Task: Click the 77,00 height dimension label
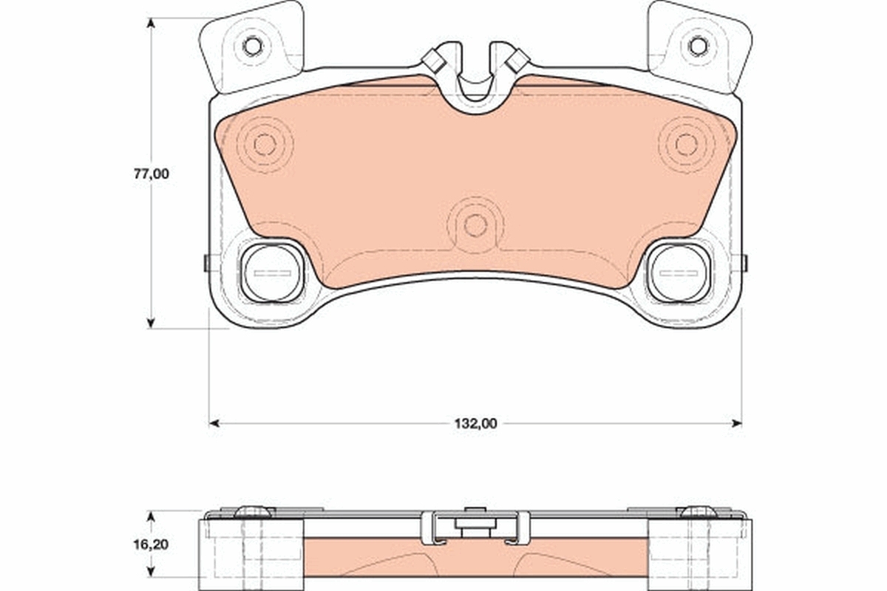point(152,174)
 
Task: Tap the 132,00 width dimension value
point(475,423)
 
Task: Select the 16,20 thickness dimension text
point(151,544)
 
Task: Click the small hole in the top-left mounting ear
point(252,47)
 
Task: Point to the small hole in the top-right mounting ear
point(698,46)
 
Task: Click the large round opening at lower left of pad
point(272,273)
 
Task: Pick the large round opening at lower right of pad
point(678,273)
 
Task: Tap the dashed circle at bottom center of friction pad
point(475,225)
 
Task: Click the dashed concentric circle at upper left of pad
point(265,145)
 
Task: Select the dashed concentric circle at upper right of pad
point(686,145)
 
